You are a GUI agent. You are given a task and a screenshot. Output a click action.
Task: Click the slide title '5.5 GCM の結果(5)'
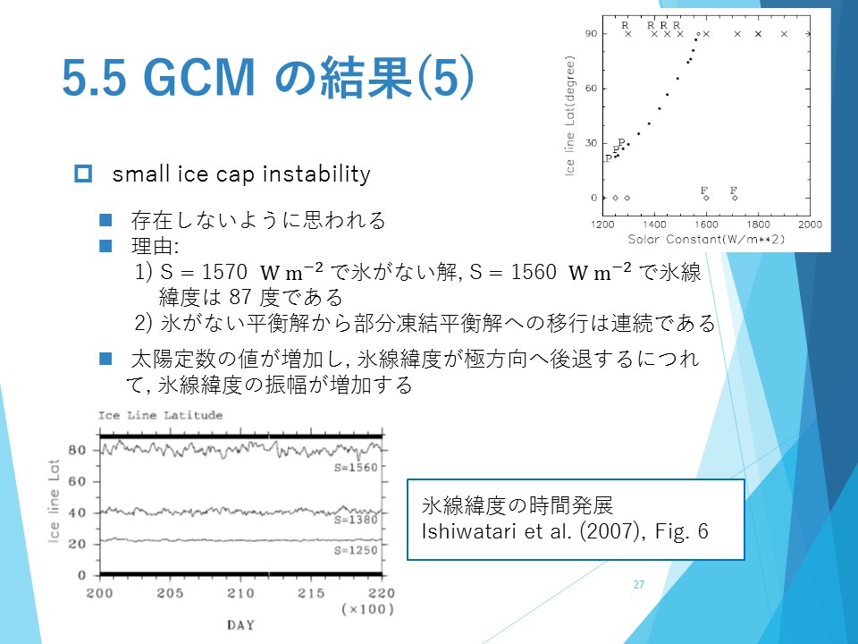pos(267,77)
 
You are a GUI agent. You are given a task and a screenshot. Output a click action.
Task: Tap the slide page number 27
pos(638,584)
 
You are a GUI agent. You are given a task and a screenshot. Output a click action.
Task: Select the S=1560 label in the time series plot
pos(356,467)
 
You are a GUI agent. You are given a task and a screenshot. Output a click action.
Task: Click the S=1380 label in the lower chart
pos(356,519)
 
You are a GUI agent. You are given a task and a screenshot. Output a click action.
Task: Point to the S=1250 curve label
pos(356,550)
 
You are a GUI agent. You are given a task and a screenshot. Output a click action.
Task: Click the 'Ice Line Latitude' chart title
pos(160,415)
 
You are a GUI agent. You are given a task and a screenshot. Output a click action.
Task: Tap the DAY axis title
pos(240,625)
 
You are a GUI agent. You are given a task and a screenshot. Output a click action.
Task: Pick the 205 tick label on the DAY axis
pos(170,593)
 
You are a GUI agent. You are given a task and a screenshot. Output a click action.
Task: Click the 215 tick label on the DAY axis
pos(311,593)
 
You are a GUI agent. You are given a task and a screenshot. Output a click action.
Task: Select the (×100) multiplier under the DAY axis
pos(367,609)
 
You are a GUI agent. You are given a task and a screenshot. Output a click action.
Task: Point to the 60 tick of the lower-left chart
pos(77,481)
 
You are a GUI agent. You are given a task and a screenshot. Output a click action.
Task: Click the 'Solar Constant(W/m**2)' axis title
pos(706,240)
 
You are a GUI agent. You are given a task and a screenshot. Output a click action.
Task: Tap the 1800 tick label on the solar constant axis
pos(758,224)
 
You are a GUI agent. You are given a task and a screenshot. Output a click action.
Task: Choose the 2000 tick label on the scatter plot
pos(810,224)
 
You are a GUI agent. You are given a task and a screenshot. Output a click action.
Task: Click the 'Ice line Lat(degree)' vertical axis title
pos(569,115)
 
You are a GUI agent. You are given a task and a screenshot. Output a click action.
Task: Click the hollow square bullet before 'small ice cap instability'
pos(83,174)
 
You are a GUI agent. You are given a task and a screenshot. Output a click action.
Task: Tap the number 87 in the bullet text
pos(240,297)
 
